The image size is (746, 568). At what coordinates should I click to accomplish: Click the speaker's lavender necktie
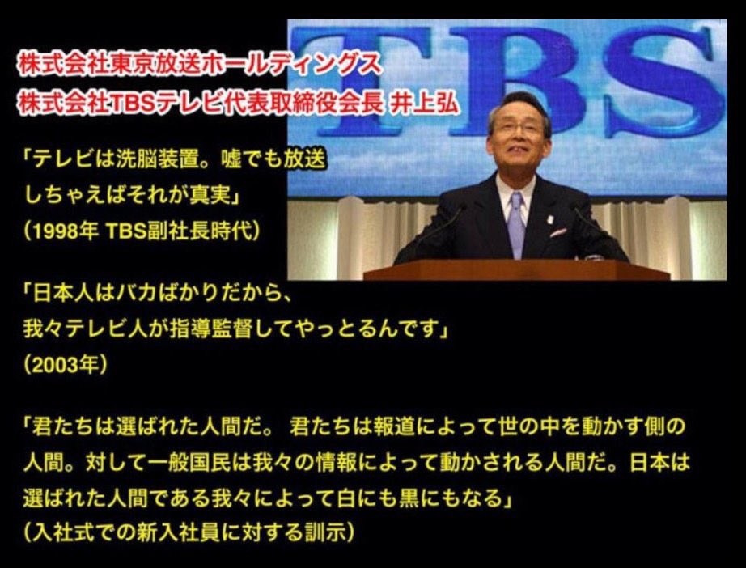coord(515,223)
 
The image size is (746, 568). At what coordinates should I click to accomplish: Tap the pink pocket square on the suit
coord(558,233)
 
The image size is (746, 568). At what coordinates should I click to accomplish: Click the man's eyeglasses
coord(518,129)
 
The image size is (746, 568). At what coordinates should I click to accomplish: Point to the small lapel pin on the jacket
coord(551,220)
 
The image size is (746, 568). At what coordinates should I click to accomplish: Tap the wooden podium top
coord(517,270)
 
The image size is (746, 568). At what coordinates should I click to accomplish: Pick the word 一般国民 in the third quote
coord(189,462)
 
